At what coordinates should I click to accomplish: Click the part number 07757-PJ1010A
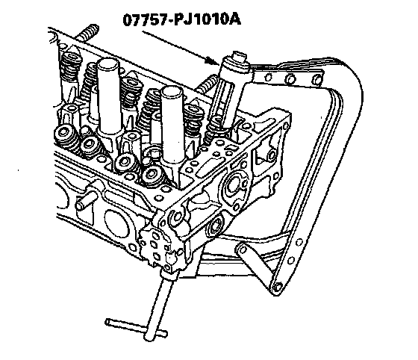tap(182, 19)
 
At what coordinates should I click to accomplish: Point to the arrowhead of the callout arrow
tap(214, 62)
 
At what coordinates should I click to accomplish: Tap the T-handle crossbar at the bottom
tap(136, 328)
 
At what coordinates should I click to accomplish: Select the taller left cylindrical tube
tap(110, 96)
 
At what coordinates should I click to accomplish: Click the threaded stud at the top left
tap(87, 33)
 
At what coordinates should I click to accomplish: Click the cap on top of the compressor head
tap(239, 57)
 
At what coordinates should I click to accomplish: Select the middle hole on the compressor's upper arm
tap(290, 78)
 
